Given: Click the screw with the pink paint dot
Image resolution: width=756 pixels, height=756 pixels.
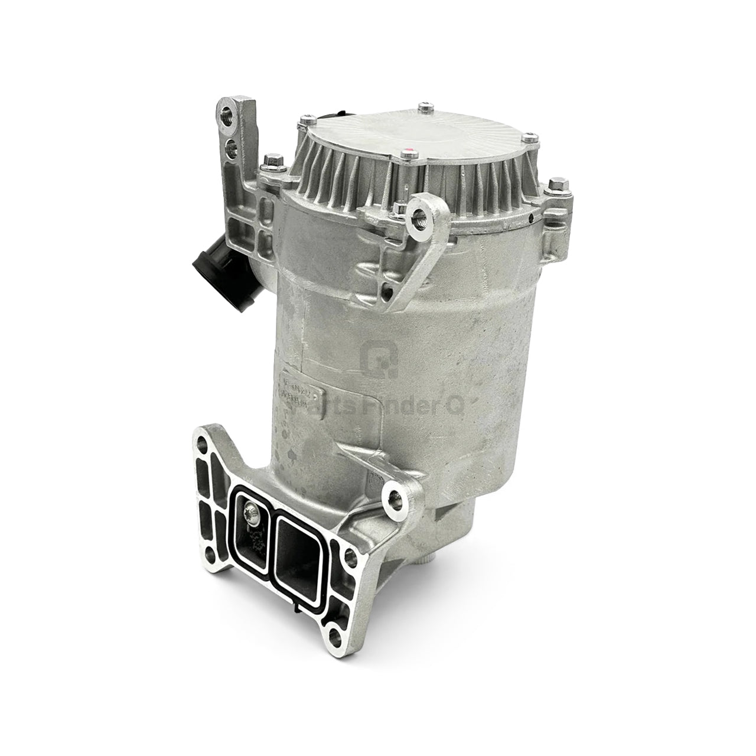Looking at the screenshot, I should pyautogui.click(x=405, y=155).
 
